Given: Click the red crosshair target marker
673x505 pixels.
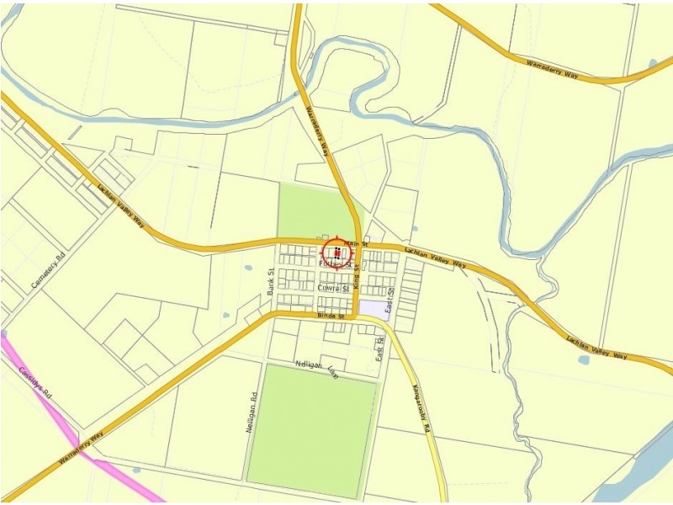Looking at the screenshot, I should click(x=336, y=252).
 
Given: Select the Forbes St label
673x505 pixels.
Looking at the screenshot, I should click(x=335, y=264).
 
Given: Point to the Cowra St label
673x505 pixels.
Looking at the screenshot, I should click(x=334, y=288).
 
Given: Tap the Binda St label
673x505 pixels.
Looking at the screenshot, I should click(x=331, y=316).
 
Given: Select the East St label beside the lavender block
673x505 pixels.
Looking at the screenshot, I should click(x=390, y=301).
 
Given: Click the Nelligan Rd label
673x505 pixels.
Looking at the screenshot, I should click(x=251, y=413).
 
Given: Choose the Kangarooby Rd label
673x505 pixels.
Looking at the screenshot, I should click(x=421, y=409).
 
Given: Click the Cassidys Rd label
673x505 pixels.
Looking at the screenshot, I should click(x=36, y=381).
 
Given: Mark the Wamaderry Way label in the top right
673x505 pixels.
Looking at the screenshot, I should click(x=552, y=69).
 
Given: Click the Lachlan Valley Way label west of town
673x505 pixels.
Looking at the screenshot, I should click(x=121, y=206).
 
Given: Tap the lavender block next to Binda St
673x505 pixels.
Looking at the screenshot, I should click(x=373, y=308).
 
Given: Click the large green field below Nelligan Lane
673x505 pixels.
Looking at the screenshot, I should click(x=311, y=429).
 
